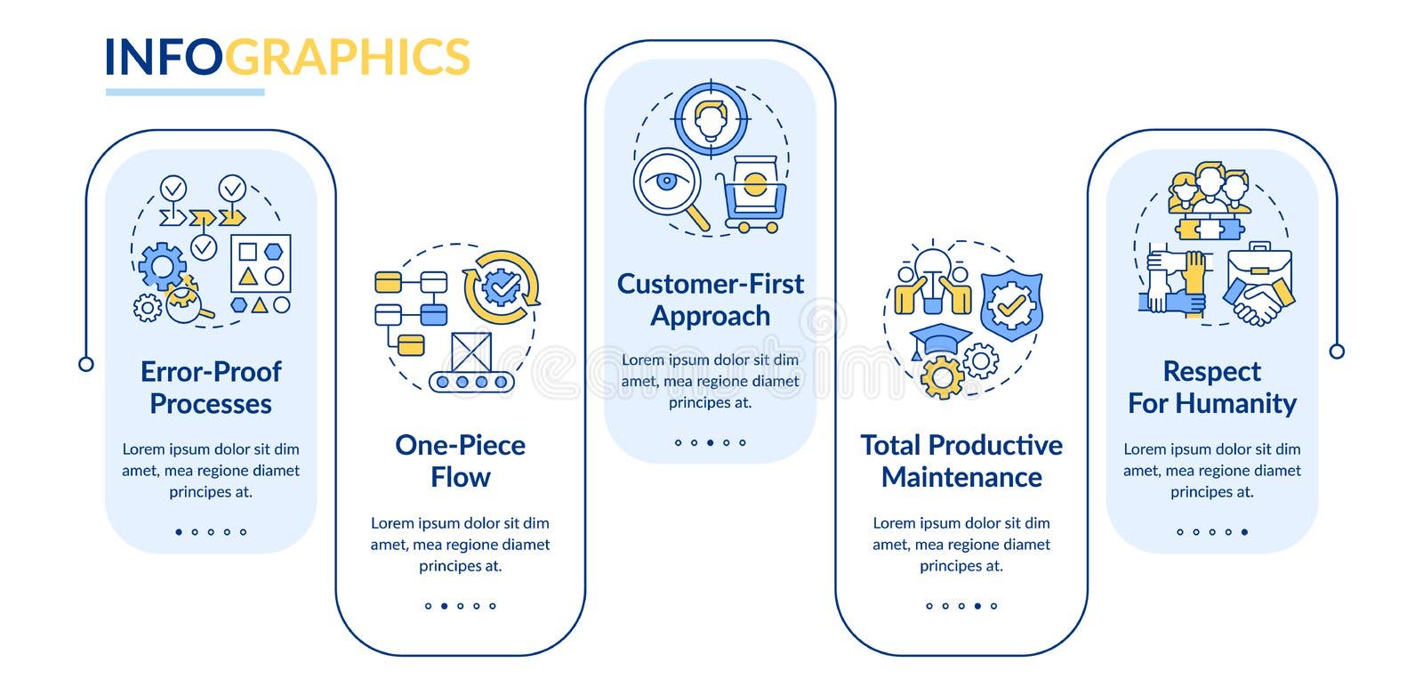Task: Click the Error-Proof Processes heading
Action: (x=211, y=387)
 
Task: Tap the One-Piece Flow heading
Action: (x=460, y=461)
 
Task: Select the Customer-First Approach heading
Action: (x=710, y=300)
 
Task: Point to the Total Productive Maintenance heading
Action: (x=961, y=461)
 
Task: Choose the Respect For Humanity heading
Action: (x=1211, y=387)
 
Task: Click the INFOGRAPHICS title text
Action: (x=286, y=57)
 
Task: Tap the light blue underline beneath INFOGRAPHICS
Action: (x=185, y=92)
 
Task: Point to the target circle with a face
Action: (x=710, y=118)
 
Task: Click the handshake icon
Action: (x=1259, y=301)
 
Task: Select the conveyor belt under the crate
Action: (x=471, y=382)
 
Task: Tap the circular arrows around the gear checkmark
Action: (x=502, y=287)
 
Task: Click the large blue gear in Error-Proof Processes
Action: (x=163, y=264)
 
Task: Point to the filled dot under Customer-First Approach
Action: (x=710, y=442)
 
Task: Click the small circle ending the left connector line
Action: (x=86, y=363)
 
